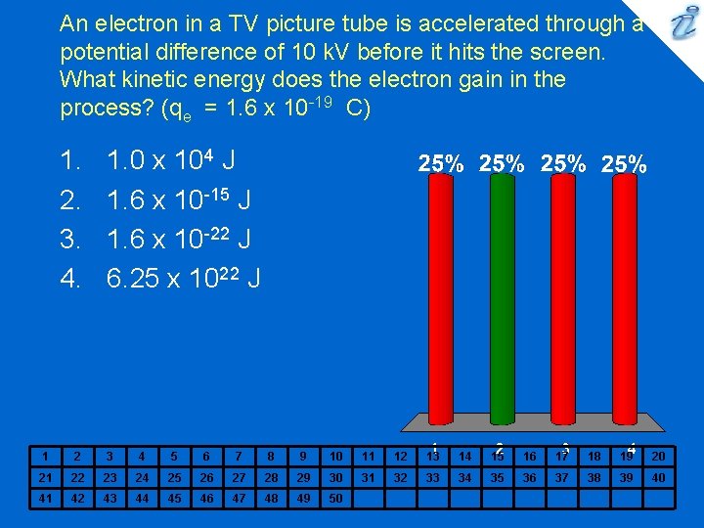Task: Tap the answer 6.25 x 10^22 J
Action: [x=183, y=280]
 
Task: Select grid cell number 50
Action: [x=335, y=499]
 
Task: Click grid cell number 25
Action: [x=174, y=477]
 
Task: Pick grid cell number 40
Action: [x=658, y=477]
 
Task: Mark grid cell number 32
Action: [x=400, y=477]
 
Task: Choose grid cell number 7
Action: [x=239, y=456]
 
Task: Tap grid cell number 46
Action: [x=206, y=499]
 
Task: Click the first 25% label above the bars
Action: [x=441, y=165]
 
